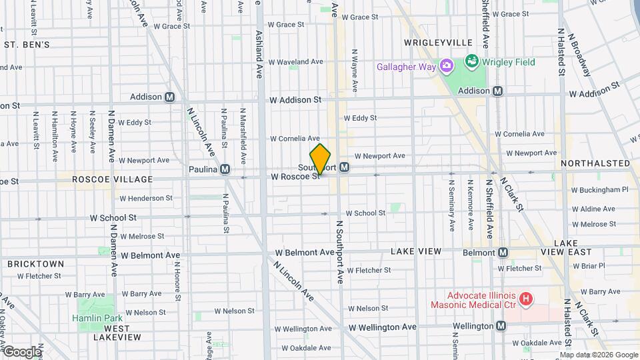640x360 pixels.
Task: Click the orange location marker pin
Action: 321,159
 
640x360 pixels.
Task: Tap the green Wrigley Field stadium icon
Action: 472,63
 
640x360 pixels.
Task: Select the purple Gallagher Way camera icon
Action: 447,66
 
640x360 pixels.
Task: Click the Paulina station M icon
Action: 225,169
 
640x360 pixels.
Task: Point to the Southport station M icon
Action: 344,167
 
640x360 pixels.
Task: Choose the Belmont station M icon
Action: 503,252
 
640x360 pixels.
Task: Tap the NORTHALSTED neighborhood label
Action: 595,163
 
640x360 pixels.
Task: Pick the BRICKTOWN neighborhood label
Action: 36,264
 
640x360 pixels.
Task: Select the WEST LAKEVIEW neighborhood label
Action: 117,333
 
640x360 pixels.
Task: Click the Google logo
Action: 21,352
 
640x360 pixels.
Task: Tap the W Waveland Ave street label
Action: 297,62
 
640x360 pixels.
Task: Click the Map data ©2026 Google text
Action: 604,355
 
